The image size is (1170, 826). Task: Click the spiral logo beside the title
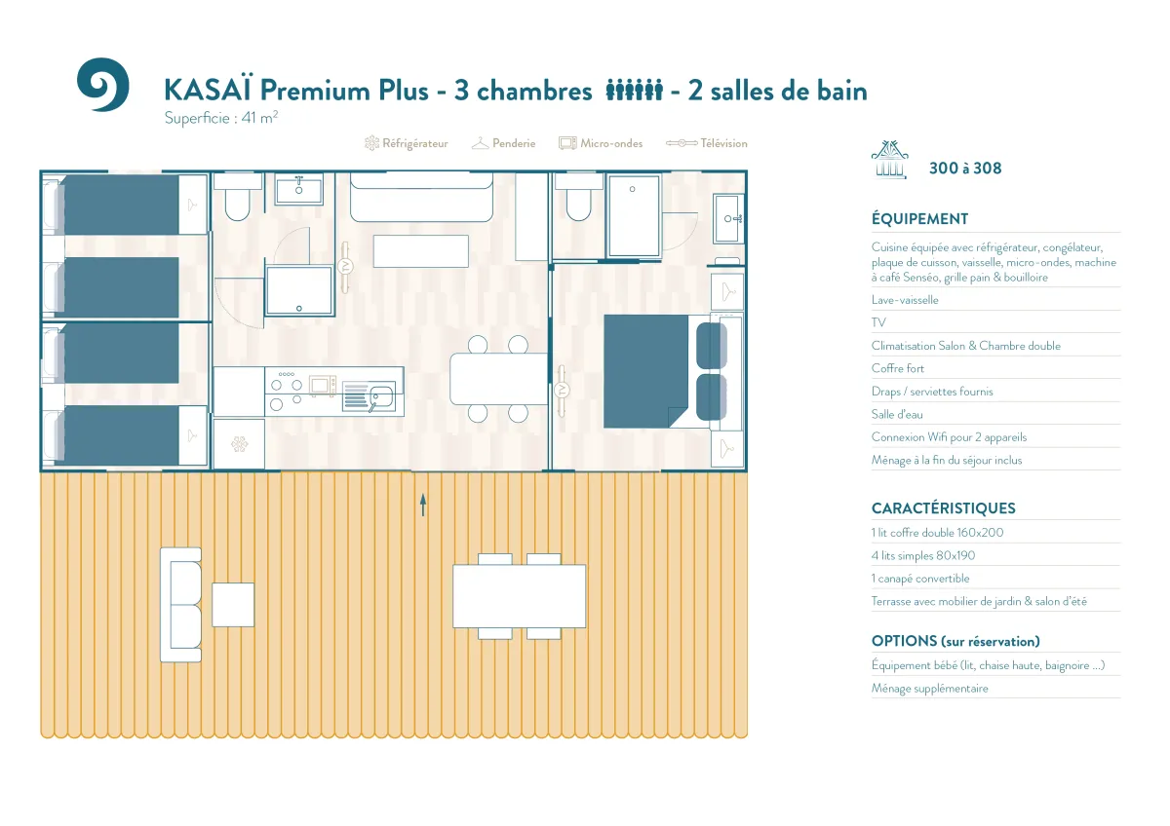tap(103, 85)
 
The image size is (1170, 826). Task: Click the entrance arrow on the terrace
tap(423, 506)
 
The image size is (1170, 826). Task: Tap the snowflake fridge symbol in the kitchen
tap(239, 444)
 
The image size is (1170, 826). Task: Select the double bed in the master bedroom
tap(665, 371)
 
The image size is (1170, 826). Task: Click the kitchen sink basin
tap(381, 397)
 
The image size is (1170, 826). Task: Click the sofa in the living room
tap(421, 197)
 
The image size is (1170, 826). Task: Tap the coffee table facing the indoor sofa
tap(421, 251)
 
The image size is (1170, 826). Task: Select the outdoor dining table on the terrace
tap(519, 596)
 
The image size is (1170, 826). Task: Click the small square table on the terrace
tap(233, 605)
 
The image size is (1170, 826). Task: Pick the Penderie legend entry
tap(503, 143)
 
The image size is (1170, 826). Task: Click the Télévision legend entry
tap(707, 143)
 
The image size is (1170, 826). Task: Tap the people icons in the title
tap(634, 90)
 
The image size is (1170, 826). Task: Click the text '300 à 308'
tap(965, 168)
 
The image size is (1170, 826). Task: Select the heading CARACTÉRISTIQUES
tap(944, 508)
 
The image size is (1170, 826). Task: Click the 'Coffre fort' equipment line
tap(897, 368)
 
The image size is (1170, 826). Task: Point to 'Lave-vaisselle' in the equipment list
tap(905, 300)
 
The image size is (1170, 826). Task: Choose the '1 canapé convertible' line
tap(920, 579)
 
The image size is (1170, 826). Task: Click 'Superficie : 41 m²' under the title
tap(221, 118)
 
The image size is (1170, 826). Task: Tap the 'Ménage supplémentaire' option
tap(930, 689)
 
